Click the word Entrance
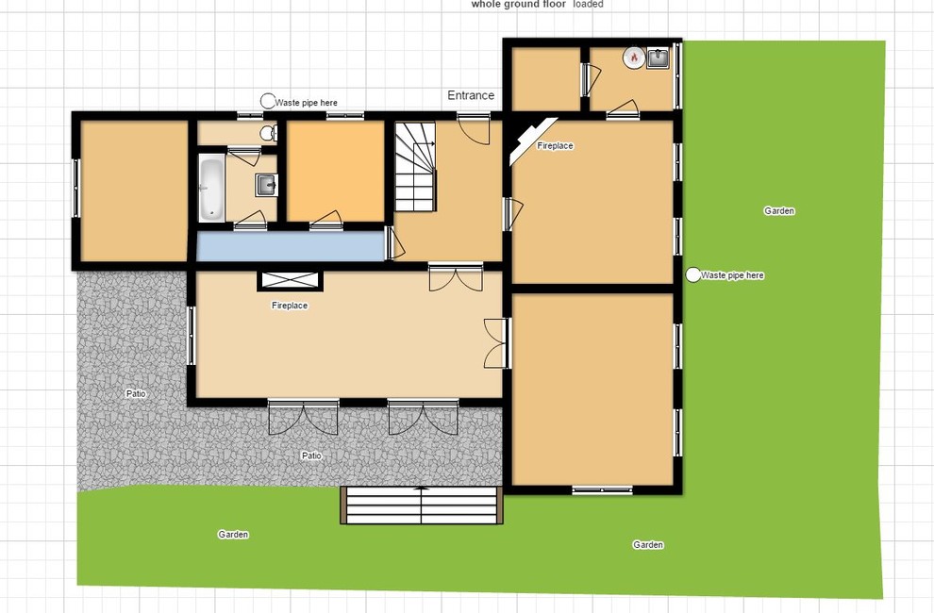471,95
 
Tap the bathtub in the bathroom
211,188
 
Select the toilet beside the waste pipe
269,133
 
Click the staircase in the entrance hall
416,167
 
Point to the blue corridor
291,246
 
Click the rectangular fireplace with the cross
290,281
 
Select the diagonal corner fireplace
532,140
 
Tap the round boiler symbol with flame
634,58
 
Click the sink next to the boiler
658,58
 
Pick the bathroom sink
266,185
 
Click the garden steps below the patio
422,505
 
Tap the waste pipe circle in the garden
692,275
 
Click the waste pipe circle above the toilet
268,101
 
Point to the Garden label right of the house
779,211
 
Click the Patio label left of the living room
136,394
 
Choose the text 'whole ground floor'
518,4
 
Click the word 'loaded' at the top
589,4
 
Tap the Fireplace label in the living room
290,306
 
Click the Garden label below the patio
233,535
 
